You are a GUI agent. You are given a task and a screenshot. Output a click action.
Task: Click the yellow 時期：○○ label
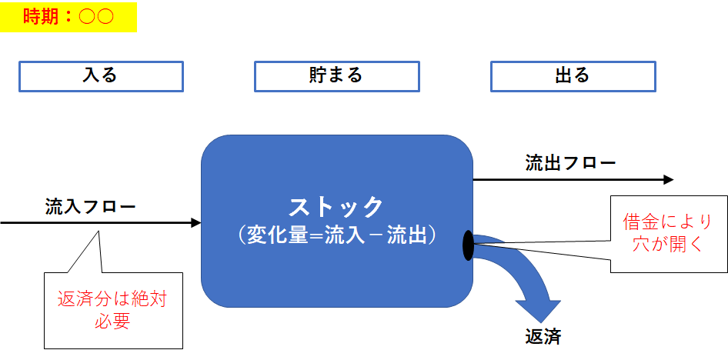[68, 17]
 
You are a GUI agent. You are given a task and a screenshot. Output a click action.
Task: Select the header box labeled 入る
[101, 76]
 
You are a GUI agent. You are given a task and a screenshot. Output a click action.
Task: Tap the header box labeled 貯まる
[336, 76]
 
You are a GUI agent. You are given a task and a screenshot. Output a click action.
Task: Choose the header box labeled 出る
[573, 76]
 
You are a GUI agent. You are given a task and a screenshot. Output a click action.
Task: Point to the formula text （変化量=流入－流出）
[336, 235]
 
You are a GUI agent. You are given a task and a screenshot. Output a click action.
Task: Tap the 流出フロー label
[570, 163]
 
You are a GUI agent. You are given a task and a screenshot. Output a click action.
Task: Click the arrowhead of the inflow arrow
[195, 223]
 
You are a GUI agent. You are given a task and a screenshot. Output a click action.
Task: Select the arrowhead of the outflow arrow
[668, 180]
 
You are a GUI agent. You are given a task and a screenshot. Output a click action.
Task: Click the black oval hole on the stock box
[468, 245]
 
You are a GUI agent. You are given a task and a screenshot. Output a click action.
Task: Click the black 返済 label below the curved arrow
[543, 337]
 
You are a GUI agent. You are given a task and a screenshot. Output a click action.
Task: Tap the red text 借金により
[668, 222]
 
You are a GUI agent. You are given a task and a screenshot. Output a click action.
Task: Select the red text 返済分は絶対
[112, 299]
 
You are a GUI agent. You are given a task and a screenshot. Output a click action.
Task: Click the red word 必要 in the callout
[112, 322]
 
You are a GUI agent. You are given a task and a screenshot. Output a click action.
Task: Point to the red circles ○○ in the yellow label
[96, 17]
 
